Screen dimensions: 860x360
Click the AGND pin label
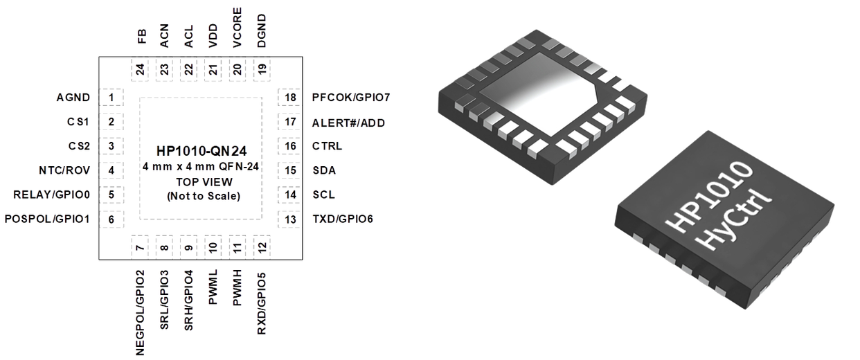pos(73,98)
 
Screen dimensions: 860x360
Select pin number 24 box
pos(140,69)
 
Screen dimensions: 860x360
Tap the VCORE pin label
pos(238,28)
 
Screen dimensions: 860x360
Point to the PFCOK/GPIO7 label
pos(351,98)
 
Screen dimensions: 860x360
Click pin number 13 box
pos(290,219)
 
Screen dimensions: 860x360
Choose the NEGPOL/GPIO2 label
pos(140,313)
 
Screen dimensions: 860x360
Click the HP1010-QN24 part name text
pos(201,151)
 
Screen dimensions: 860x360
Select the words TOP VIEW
pos(204,182)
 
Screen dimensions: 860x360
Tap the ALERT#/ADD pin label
pos(348,123)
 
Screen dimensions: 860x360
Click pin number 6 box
pos(111,219)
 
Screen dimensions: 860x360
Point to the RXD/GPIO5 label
pos(262,304)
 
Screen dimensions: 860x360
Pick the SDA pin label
pos(324,170)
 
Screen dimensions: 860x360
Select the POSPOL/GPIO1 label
pos(47,219)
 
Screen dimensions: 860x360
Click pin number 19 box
pos(262,69)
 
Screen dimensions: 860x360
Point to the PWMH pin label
pos(238,287)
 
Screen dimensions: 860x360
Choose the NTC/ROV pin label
pos(64,170)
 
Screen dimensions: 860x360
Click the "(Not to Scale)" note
pos(204,196)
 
